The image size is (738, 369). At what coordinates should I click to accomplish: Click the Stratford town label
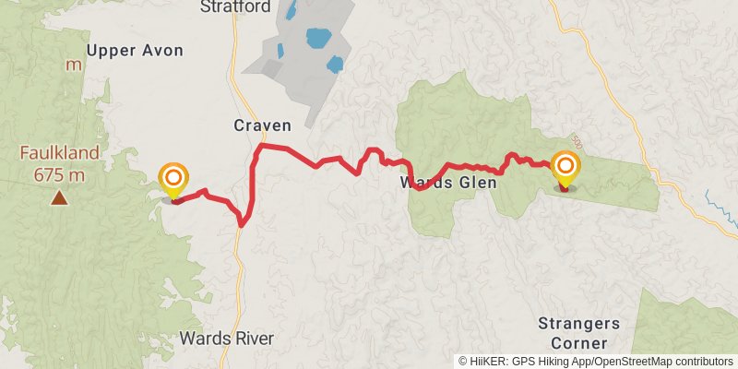(x=235, y=7)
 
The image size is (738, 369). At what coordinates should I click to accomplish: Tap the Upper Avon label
(x=135, y=50)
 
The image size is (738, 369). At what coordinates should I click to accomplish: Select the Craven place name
(x=262, y=125)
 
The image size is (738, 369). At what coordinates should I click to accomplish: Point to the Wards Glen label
(x=448, y=183)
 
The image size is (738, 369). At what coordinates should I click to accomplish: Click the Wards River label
(x=226, y=339)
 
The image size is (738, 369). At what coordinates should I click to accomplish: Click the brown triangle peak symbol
(x=59, y=196)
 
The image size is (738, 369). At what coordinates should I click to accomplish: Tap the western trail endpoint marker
(x=173, y=179)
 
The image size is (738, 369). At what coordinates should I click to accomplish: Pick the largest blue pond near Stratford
(x=318, y=39)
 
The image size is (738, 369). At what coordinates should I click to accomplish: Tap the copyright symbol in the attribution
(x=463, y=362)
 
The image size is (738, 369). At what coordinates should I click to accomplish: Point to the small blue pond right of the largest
(x=335, y=65)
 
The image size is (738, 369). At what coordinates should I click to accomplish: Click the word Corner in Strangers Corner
(x=578, y=341)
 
